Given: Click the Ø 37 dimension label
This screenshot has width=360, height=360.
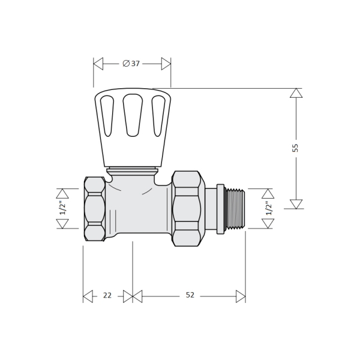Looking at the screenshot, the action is [x=131, y=64].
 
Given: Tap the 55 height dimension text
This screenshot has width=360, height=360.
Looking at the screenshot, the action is [x=295, y=148].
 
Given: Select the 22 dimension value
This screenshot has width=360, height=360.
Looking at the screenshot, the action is [x=107, y=295].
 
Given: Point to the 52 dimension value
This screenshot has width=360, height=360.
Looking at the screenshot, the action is [x=190, y=295].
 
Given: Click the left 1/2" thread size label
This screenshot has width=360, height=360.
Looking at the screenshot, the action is [x=63, y=208].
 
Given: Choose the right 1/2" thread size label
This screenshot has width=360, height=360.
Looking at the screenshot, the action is [x=269, y=208].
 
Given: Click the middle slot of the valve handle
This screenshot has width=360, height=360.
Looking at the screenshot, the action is [x=133, y=115].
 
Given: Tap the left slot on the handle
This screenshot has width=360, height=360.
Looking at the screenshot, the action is [x=107, y=116].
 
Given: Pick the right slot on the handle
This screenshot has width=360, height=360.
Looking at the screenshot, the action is [x=158, y=116].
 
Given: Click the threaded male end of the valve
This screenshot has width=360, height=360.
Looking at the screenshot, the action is [x=236, y=208].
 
